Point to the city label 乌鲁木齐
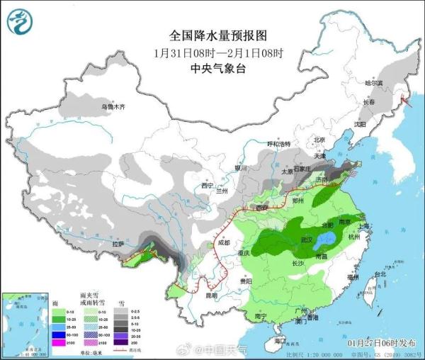[113, 107]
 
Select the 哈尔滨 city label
[373, 83]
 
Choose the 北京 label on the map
[319, 140]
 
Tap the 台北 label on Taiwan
[380, 274]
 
